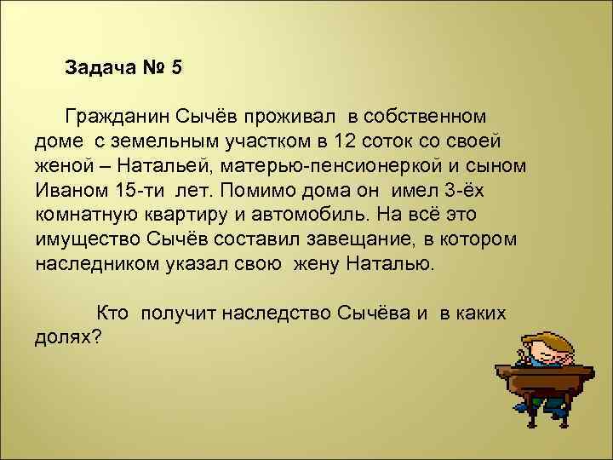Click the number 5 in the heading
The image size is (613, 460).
[176, 67]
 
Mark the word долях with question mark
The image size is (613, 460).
[68, 337]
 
